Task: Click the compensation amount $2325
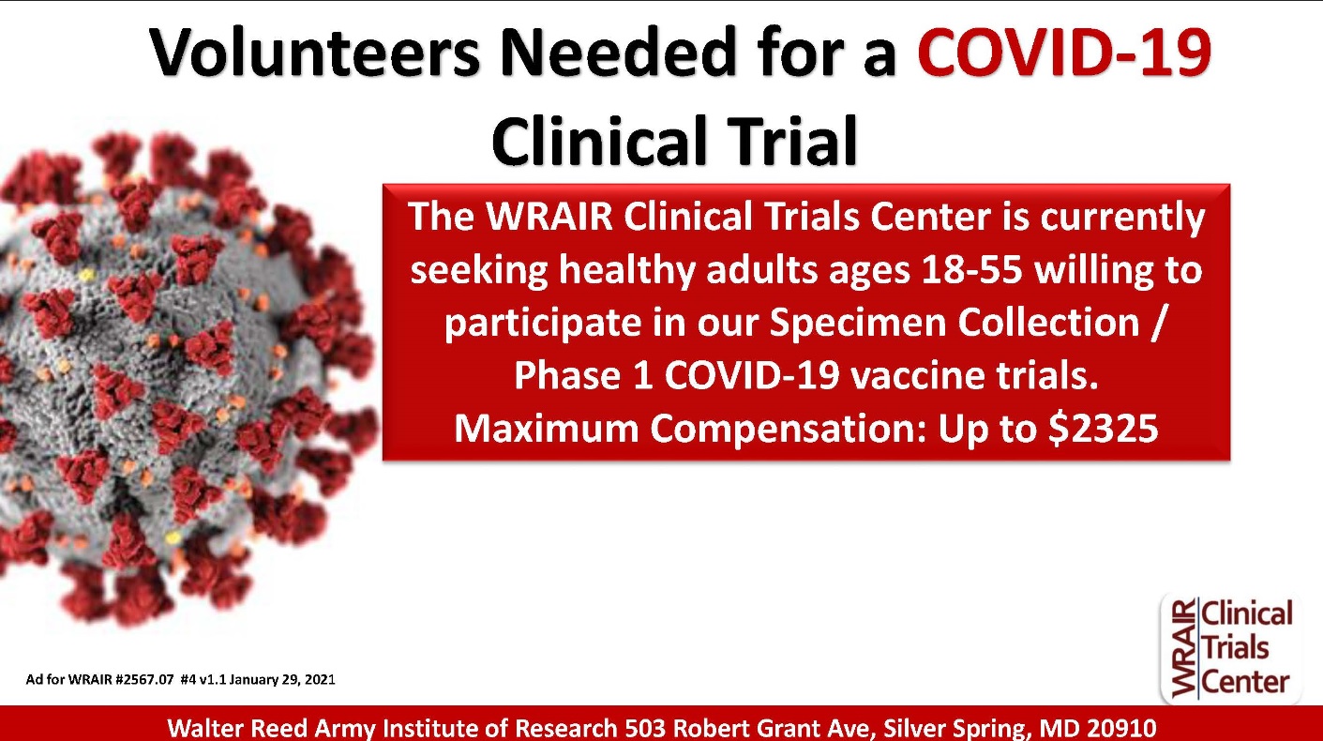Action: coord(1104,428)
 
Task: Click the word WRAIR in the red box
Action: coord(549,217)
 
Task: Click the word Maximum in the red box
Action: coord(547,428)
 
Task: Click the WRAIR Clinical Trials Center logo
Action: coord(1232,649)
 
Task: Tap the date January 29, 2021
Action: coord(282,679)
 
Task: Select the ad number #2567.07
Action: coord(144,679)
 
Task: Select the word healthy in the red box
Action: coord(626,271)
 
